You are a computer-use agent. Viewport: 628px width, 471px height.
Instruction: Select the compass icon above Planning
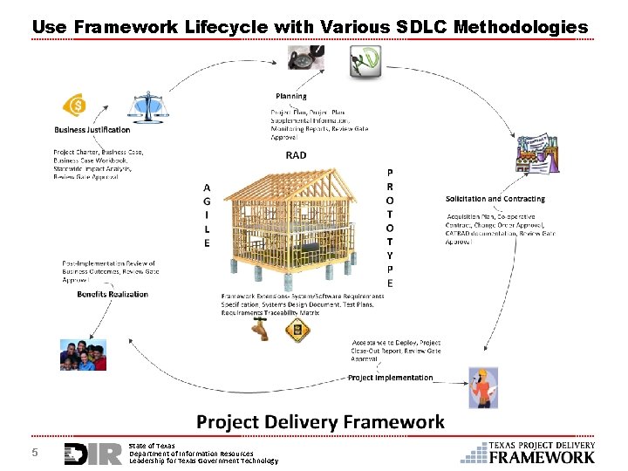300,58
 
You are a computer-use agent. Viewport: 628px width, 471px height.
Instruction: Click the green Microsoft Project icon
365,62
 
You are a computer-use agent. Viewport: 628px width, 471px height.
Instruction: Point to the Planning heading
290,96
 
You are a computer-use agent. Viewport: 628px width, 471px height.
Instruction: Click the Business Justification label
92,130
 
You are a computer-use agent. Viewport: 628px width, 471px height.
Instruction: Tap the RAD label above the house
296,156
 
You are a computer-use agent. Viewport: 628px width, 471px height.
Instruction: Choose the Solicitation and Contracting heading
495,199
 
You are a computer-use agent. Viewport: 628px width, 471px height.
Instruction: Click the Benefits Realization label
113,294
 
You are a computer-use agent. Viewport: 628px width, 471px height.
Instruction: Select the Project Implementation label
390,378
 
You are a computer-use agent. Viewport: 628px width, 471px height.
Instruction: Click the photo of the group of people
83,355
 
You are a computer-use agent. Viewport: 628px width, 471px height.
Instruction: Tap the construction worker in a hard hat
482,388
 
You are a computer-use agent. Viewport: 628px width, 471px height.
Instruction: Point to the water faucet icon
259,329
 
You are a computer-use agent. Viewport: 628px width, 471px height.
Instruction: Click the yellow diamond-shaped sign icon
298,329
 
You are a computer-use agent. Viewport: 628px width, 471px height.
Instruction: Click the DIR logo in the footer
92,454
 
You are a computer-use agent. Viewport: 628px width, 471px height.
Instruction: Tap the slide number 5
35,453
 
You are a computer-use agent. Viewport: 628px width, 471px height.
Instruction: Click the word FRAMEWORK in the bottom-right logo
542,456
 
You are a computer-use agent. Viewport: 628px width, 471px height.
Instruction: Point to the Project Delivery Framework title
320,422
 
